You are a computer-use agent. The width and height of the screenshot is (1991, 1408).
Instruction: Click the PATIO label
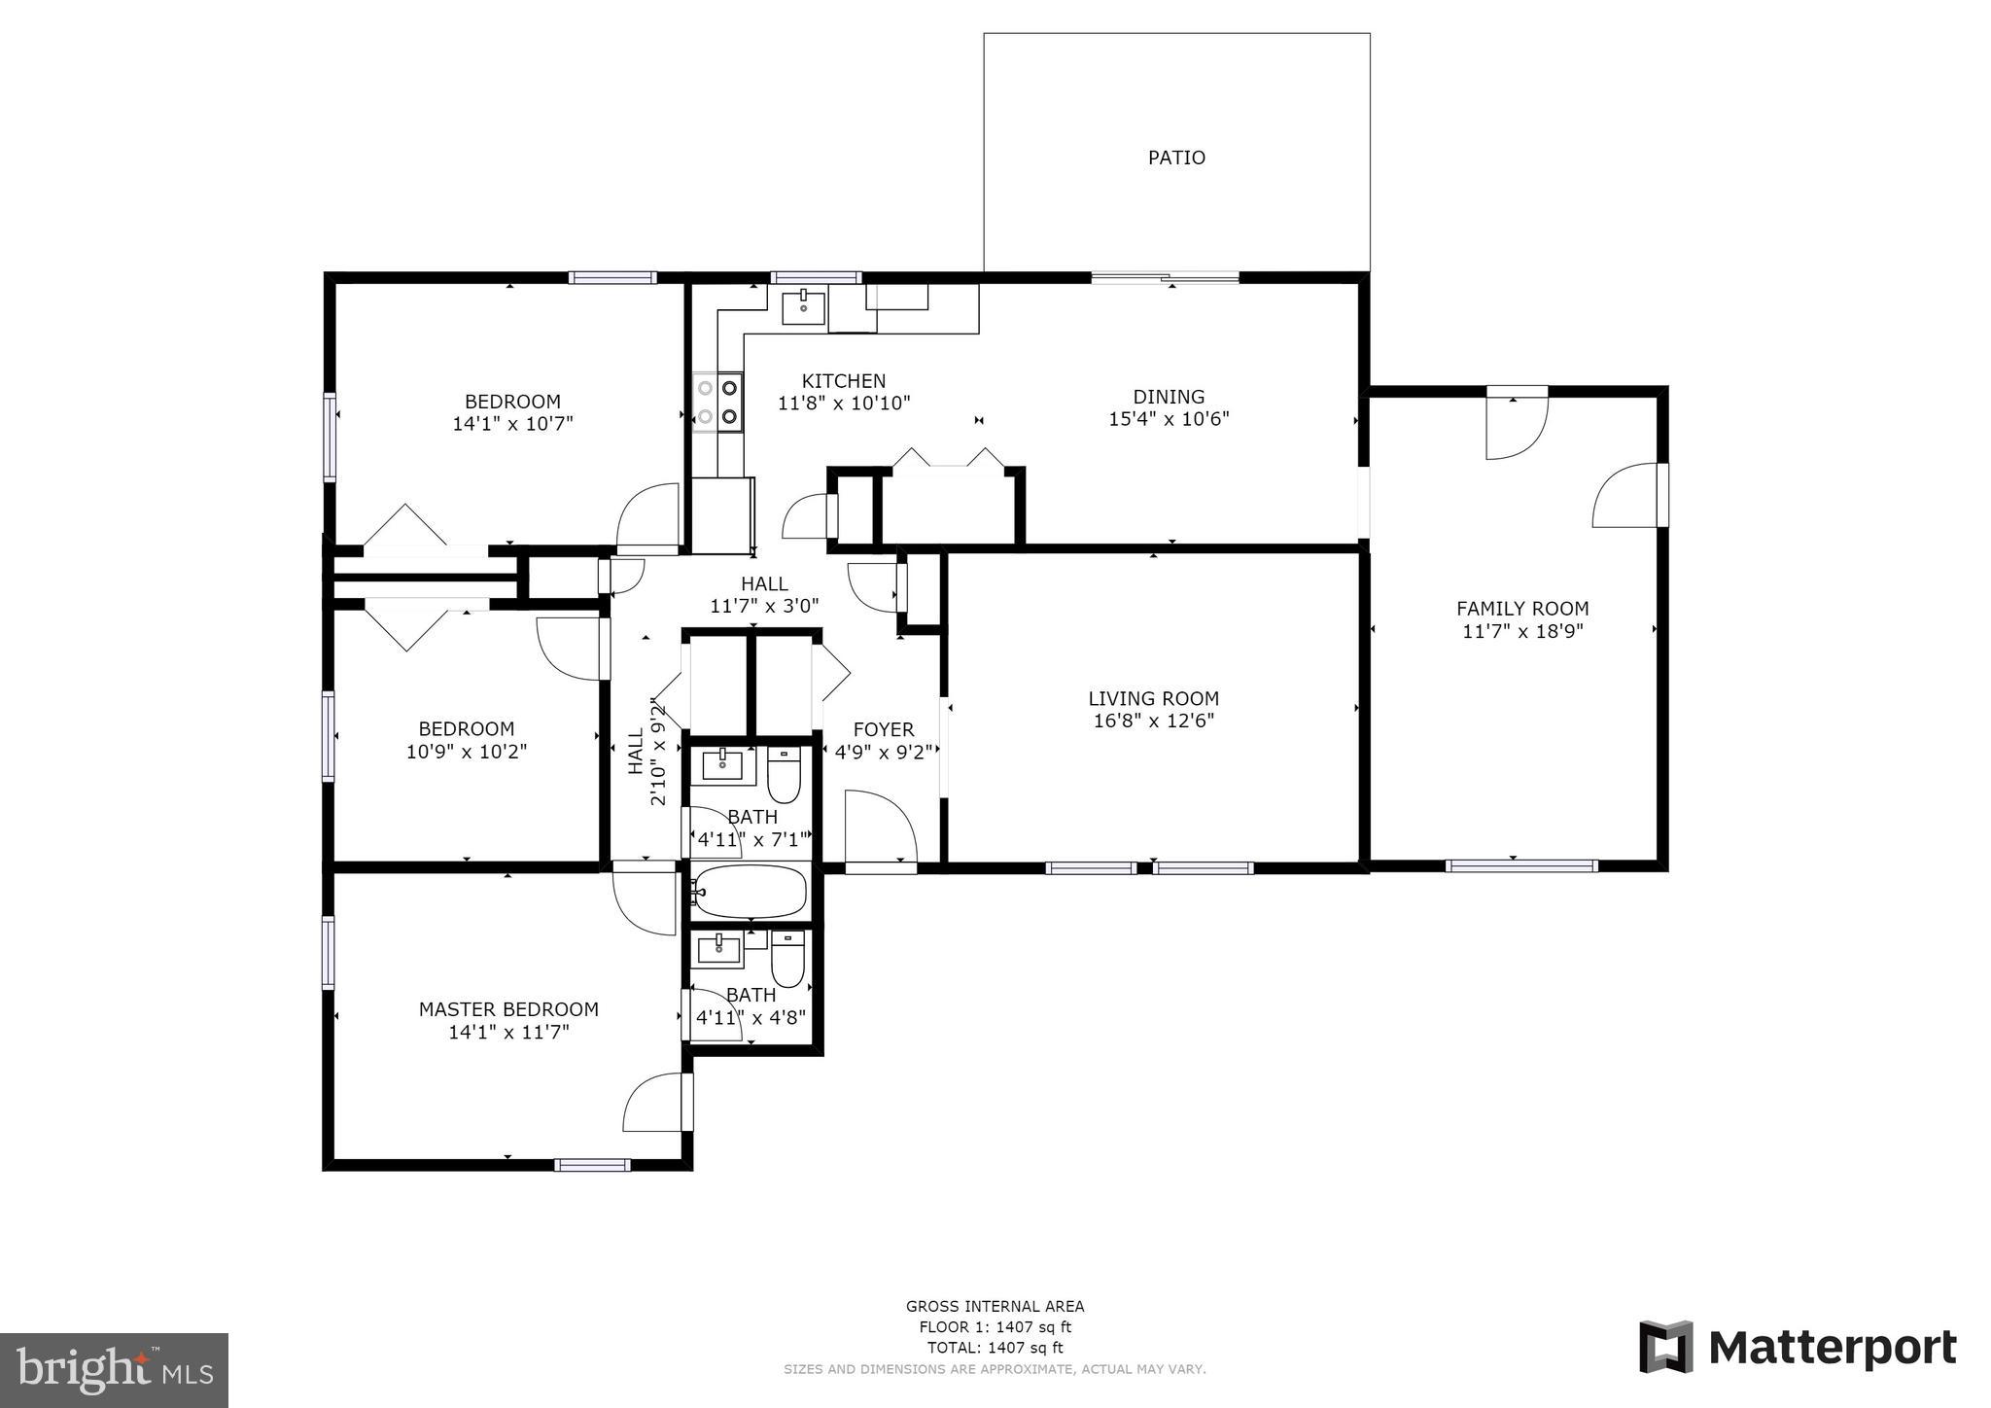point(1176,158)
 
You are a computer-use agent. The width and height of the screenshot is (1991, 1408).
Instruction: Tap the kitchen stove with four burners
point(717,402)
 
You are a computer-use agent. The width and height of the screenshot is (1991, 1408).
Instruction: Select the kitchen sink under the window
point(804,307)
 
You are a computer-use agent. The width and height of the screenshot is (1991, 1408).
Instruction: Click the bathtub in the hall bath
point(751,892)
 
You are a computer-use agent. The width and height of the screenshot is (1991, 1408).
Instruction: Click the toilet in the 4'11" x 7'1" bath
point(784,774)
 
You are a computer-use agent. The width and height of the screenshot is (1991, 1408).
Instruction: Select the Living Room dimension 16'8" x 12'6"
point(1153,722)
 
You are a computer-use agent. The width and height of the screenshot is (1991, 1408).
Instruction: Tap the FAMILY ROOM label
point(1522,609)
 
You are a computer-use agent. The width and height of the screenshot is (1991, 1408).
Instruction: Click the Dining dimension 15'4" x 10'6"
point(1169,419)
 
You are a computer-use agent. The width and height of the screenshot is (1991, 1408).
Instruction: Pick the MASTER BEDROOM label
point(508,1009)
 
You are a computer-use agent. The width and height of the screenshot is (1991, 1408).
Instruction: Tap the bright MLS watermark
point(114,1370)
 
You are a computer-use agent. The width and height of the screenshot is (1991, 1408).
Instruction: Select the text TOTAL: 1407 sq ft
point(995,1348)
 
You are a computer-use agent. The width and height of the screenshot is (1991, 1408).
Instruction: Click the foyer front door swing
point(880,827)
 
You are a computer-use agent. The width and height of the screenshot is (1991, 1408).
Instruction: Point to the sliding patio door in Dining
point(1165,278)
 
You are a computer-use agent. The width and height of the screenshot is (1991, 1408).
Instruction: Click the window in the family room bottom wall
point(1520,865)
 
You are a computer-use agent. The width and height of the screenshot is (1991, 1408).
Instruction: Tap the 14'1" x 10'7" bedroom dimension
point(512,424)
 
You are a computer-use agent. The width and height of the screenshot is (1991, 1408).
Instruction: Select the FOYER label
point(883,729)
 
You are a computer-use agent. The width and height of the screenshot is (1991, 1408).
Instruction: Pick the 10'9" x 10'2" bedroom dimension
point(467,752)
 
